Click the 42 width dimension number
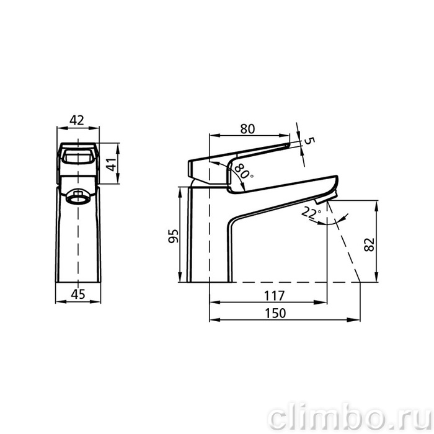[77, 120]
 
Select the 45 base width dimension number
[78, 294]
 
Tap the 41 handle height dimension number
[111, 164]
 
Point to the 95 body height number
[174, 236]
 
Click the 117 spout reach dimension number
[274, 295]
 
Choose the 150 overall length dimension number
[275, 313]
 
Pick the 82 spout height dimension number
[370, 244]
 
